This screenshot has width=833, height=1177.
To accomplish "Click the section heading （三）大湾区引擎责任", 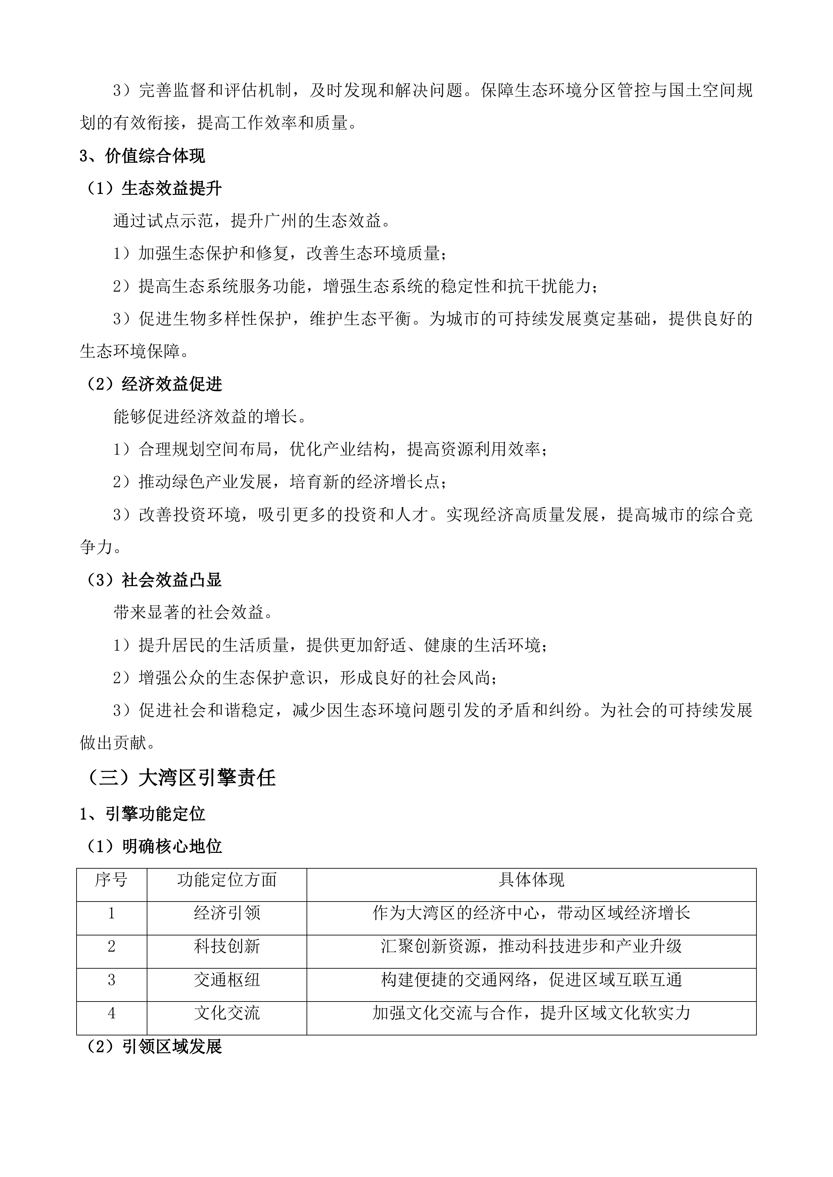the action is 181,778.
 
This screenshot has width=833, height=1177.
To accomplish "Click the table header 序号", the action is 111,880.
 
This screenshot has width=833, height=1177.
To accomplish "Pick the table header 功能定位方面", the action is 227,880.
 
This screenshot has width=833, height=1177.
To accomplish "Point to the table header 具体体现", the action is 531,880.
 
